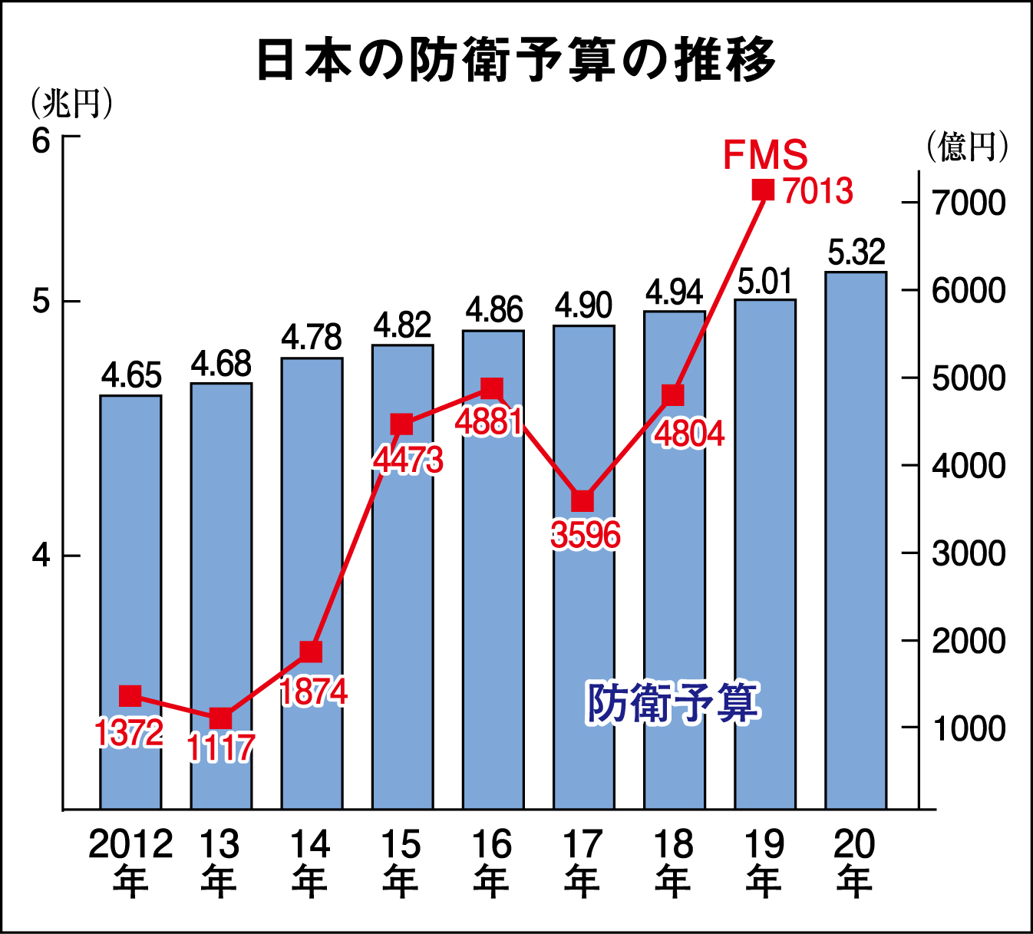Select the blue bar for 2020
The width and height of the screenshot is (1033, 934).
856,537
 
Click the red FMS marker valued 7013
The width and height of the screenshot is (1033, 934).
763,190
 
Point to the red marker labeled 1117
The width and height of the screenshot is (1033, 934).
221,718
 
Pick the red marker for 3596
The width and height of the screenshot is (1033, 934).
583,501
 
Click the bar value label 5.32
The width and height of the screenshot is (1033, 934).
856,252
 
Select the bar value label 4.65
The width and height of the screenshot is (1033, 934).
131,376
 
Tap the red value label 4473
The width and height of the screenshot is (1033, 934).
408,460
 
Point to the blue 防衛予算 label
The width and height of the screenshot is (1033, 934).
673,702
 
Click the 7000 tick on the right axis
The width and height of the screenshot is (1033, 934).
968,203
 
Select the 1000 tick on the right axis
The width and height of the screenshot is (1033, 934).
968,728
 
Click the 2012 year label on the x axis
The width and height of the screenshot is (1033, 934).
130,845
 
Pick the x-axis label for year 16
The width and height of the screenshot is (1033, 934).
491,845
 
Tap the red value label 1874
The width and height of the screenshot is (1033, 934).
313,691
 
